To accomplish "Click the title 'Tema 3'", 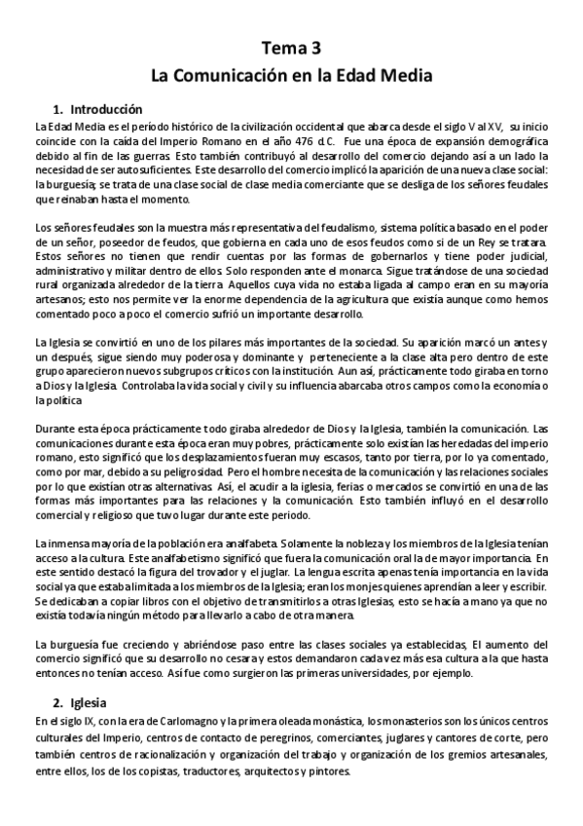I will (x=291, y=47).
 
